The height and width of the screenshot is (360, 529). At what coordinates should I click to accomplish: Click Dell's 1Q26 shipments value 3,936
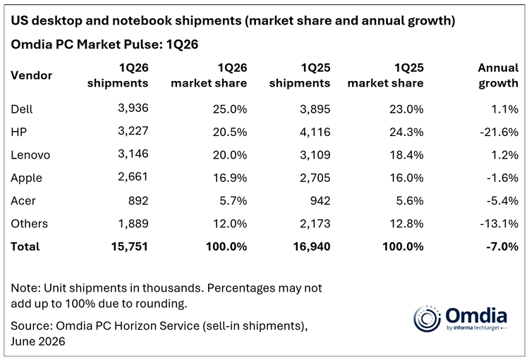133,108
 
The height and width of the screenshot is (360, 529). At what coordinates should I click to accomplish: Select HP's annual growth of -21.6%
499,132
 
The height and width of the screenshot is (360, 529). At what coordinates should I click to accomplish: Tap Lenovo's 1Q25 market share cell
406,155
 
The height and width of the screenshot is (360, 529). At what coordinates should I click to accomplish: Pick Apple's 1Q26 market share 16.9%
230,178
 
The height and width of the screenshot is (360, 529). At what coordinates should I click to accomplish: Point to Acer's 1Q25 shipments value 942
320,201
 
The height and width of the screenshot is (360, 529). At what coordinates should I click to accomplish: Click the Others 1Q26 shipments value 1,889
133,223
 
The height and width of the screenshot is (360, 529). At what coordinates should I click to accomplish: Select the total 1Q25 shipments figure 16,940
312,247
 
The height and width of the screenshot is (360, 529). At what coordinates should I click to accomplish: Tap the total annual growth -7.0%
502,247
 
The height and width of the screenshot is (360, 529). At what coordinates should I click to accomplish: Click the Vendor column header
31,75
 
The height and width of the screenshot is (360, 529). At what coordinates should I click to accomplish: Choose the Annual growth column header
498,75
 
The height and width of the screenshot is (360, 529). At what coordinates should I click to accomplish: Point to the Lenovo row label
30,155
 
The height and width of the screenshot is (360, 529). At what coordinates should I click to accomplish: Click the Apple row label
26,178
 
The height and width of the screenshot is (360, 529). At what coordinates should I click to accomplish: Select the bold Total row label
25,247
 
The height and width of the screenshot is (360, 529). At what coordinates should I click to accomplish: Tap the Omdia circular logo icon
427,318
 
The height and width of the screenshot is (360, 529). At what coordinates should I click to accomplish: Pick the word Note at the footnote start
25,288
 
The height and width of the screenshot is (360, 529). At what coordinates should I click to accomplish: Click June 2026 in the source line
38,341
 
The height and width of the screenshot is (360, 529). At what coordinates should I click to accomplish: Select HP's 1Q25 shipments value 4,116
315,132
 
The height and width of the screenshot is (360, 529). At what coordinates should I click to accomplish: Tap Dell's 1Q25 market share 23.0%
406,109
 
